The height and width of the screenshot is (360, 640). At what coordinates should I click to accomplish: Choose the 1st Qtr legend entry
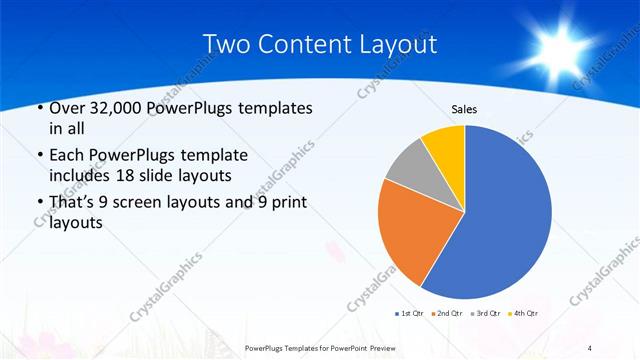pyautogui.click(x=409, y=313)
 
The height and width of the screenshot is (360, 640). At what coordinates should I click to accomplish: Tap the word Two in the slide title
pyautogui.click(x=228, y=45)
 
